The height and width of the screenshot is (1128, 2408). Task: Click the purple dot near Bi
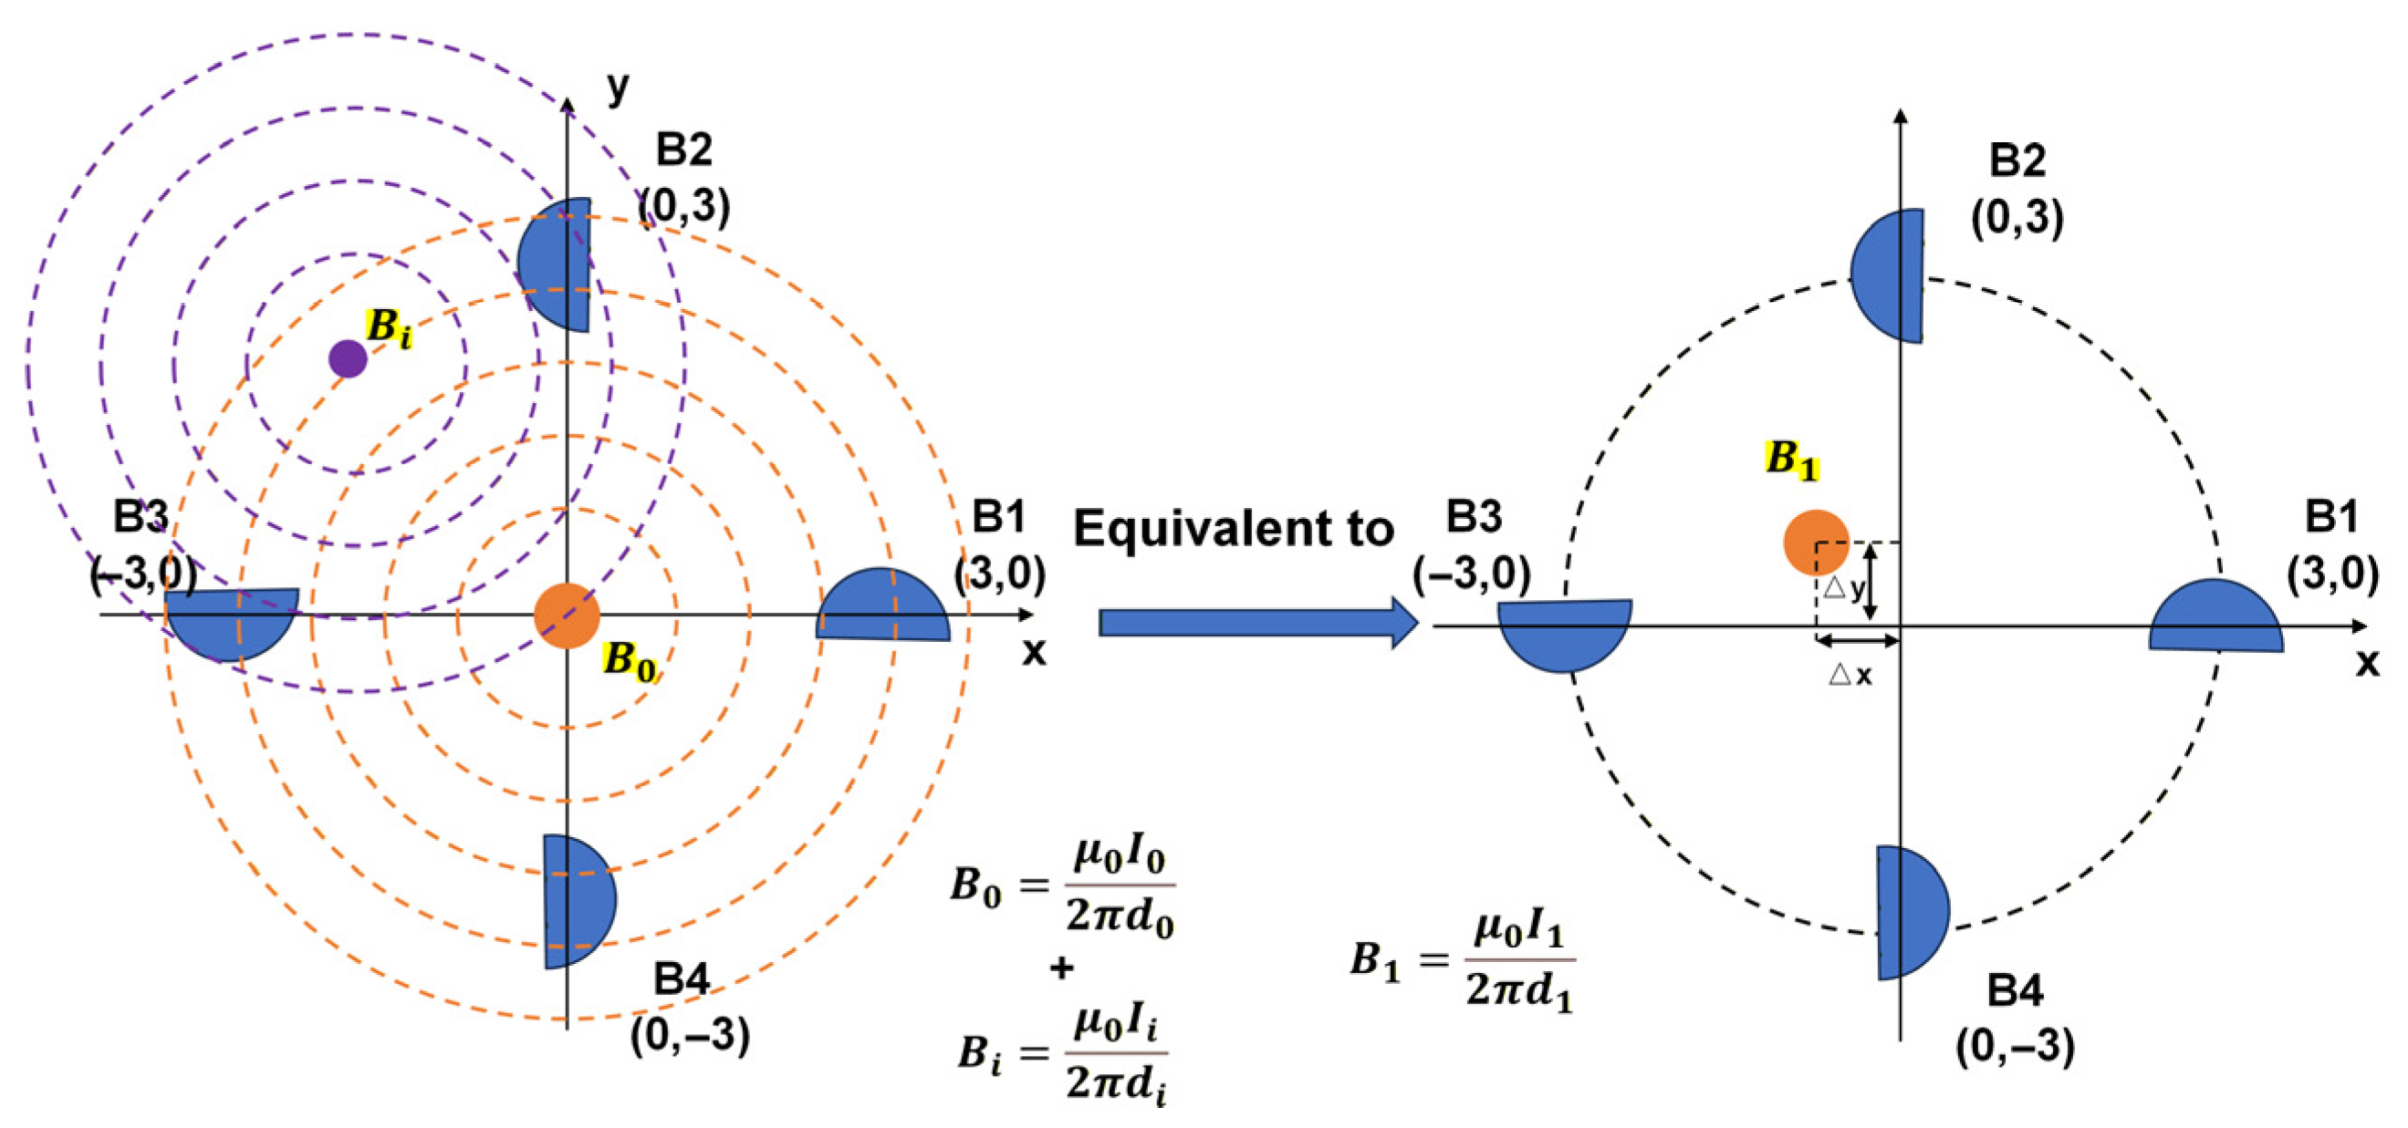[x=348, y=359]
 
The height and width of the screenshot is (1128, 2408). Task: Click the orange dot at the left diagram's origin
[x=567, y=616]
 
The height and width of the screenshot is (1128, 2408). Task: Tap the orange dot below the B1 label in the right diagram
[x=1815, y=542]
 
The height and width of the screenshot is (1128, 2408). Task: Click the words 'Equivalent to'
[x=1233, y=529]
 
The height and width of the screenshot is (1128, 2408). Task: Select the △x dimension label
[x=1850, y=675]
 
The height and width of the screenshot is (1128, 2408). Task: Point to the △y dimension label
[x=1843, y=589]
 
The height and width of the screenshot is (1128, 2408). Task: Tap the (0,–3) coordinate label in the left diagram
[x=690, y=1035]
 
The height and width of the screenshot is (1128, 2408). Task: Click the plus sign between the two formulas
[x=1061, y=968]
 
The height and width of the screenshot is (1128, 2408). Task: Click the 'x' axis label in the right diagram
[x=2367, y=663]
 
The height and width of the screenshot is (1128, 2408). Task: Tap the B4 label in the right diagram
[x=2015, y=989]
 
